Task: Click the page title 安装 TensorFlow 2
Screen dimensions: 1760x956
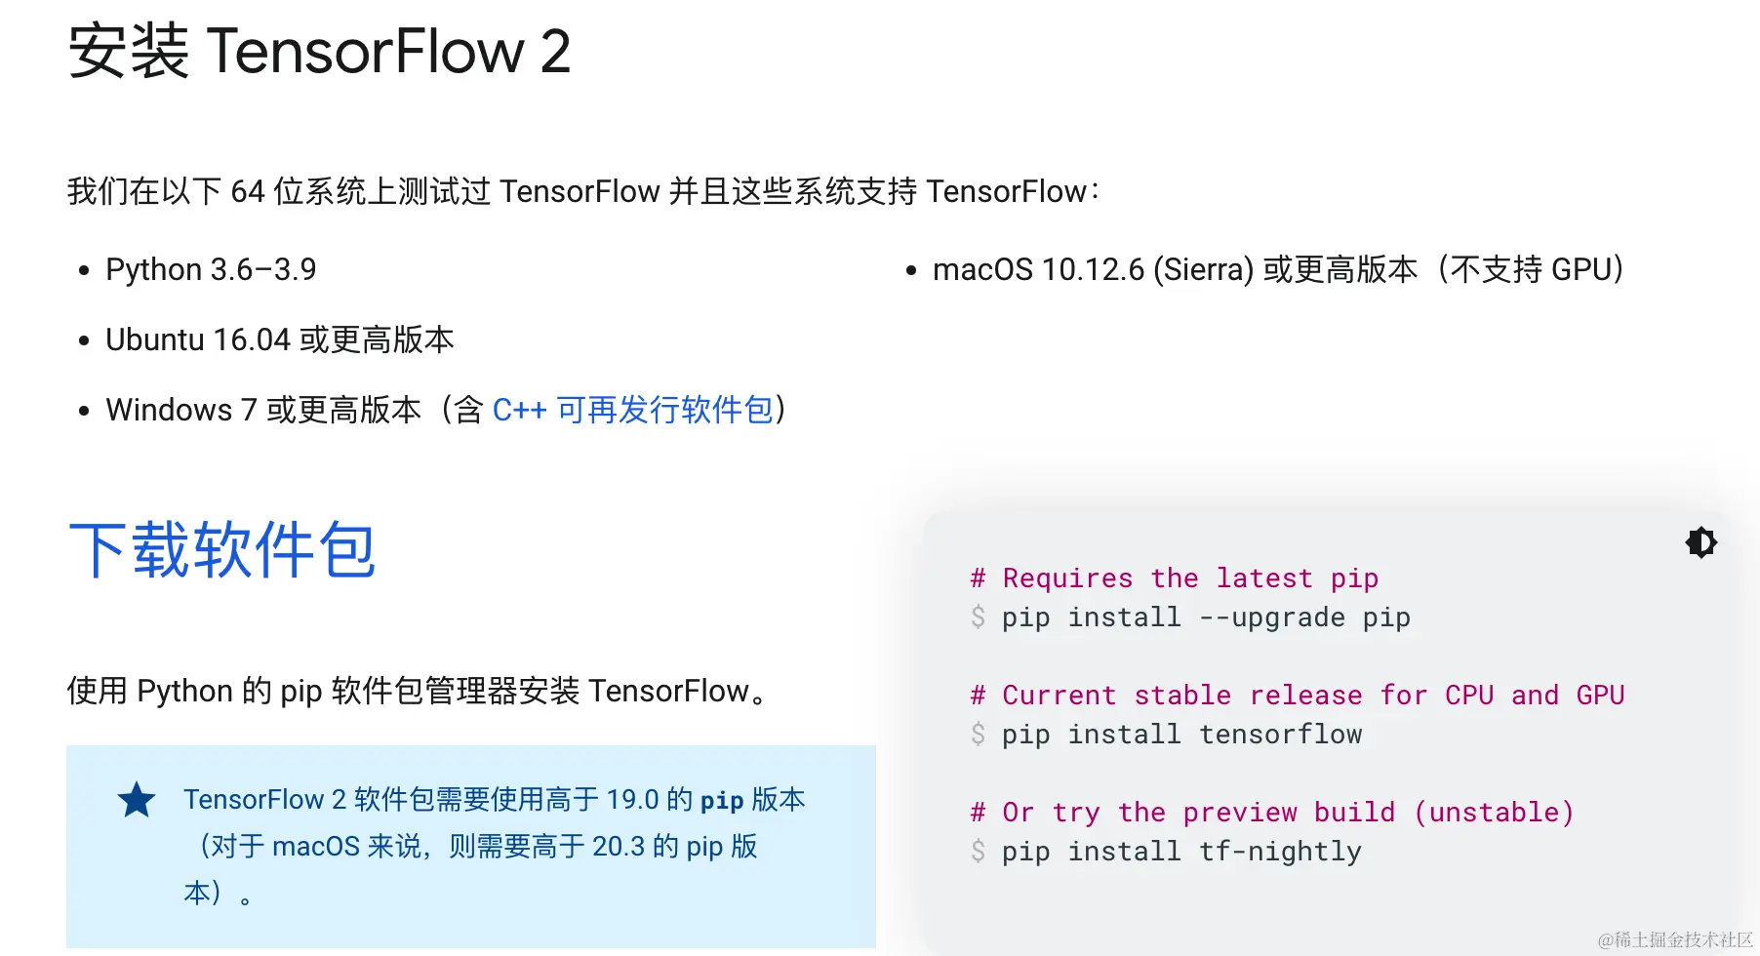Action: (x=319, y=51)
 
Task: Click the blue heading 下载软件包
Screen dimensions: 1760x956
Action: (x=222, y=550)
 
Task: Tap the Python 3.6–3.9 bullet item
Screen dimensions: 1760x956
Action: (x=211, y=269)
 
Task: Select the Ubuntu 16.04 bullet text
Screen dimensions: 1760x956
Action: (x=279, y=339)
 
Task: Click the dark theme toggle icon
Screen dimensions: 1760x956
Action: (x=1700, y=542)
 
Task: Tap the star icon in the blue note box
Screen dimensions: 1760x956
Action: (x=137, y=801)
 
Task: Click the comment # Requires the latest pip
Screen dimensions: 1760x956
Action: (x=1175, y=578)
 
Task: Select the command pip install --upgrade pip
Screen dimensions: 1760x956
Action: (x=1206, y=617)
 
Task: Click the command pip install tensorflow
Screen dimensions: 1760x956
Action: (x=1181, y=735)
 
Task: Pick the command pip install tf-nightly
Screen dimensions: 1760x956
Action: (x=1181, y=852)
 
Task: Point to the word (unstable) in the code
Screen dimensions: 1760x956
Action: (x=1494, y=813)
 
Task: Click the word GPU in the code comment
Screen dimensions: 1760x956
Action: (x=1600, y=696)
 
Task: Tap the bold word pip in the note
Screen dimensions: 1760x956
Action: (x=722, y=801)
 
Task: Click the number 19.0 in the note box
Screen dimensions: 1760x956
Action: (x=632, y=800)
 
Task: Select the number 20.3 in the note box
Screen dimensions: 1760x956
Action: (x=619, y=847)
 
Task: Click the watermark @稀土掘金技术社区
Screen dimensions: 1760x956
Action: (x=1675, y=939)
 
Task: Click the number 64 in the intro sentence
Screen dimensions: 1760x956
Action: (x=248, y=192)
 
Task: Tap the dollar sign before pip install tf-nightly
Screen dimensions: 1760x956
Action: (x=978, y=852)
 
